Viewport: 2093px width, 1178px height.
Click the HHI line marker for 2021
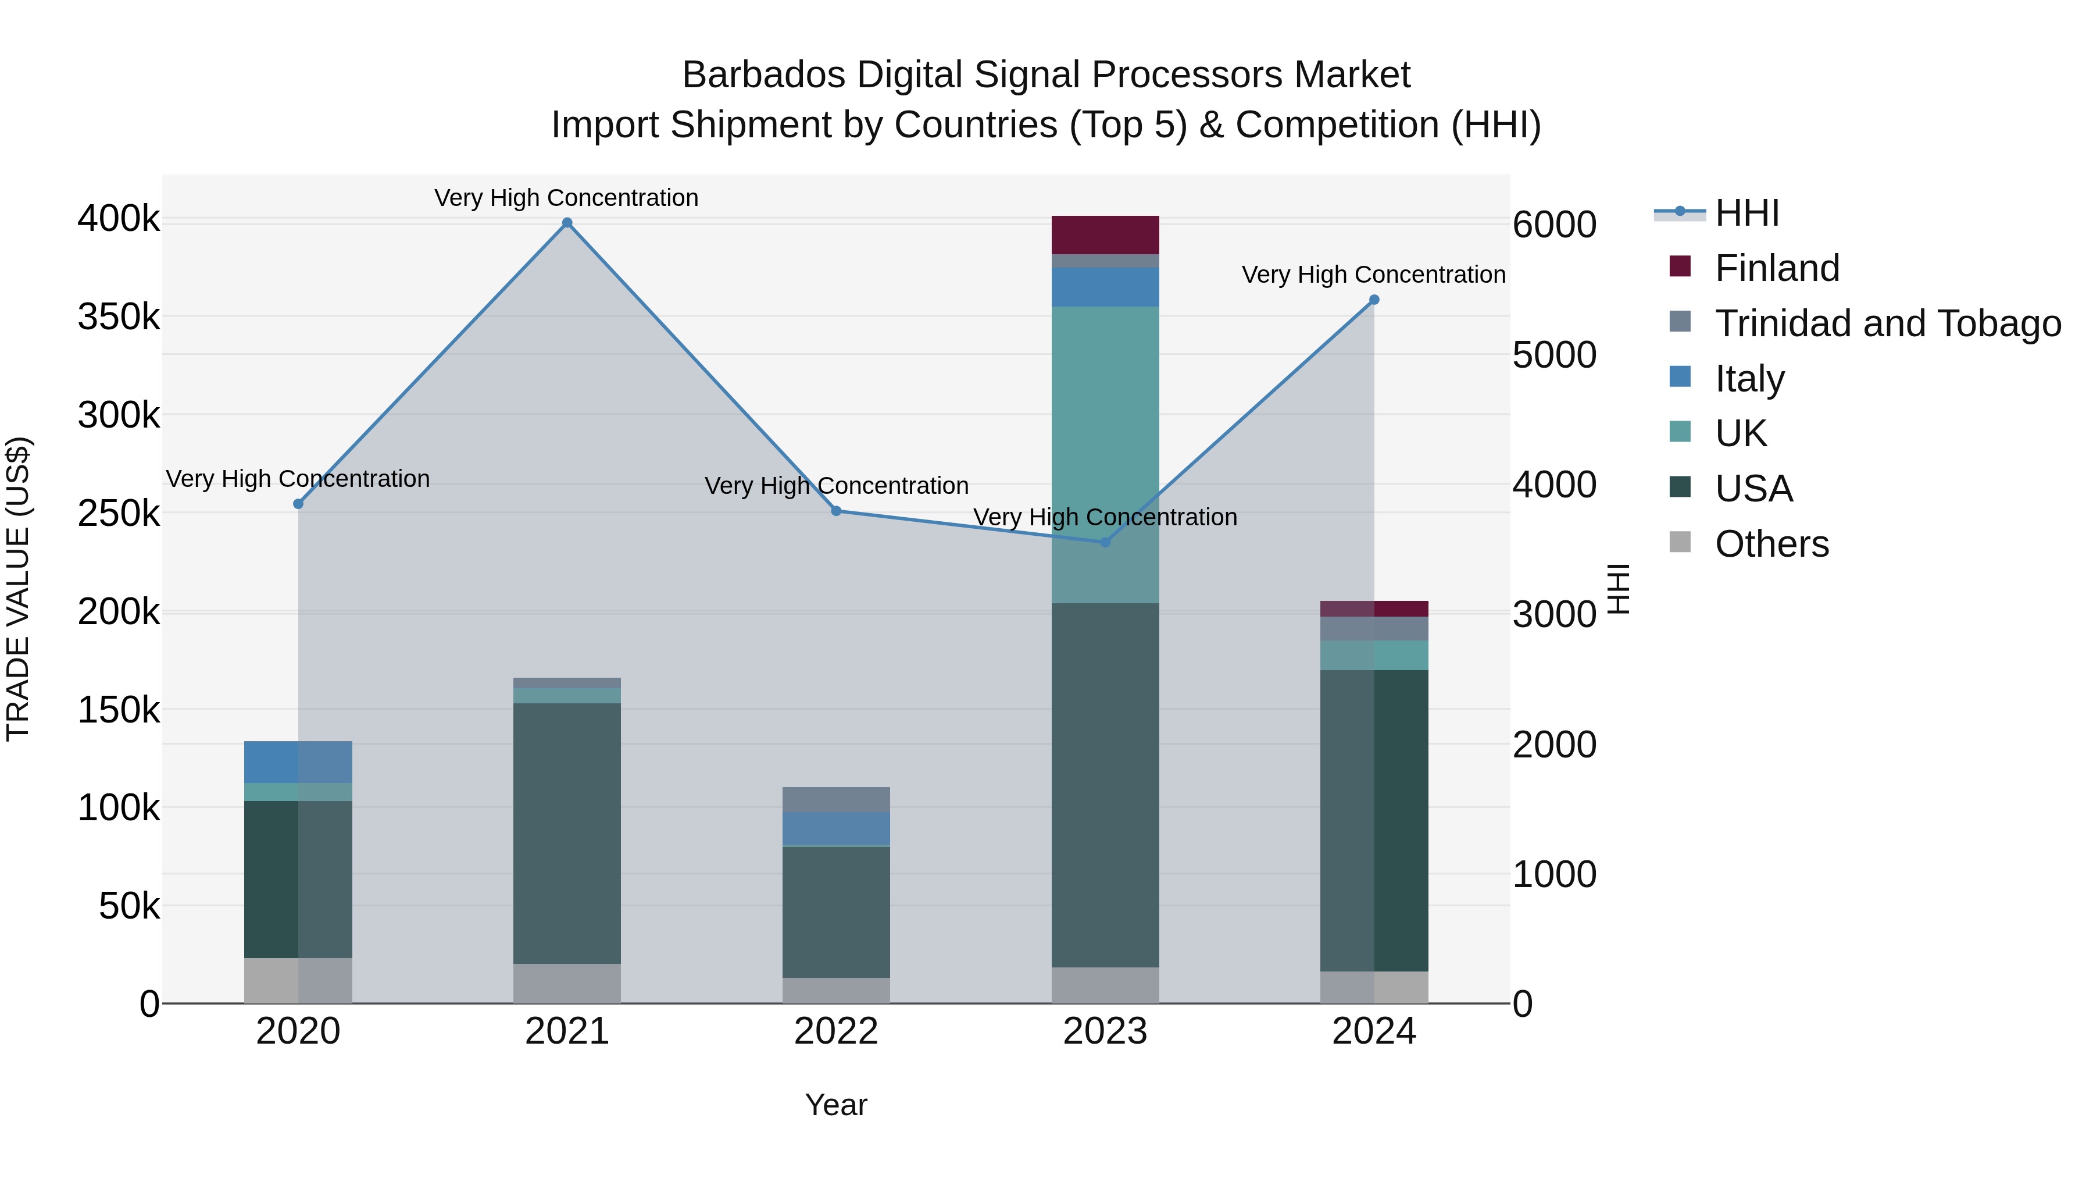(x=567, y=223)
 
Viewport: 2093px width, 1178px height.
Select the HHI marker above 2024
(x=1374, y=300)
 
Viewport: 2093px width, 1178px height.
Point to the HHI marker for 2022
(x=836, y=511)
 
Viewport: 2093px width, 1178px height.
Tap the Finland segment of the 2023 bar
(x=1105, y=235)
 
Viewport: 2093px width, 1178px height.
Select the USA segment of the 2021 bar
(x=567, y=833)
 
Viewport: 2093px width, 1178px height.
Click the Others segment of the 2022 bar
(x=836, y=990)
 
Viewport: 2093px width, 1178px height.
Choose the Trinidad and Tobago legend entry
(x=1887, y=323)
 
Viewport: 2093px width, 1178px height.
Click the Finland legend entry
(x=1776, y=268)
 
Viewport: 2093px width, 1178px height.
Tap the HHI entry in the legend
(x=1747, y=213)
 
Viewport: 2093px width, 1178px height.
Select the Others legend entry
(x=1771, y=544)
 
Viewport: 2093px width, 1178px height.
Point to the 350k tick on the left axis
(x=119, y=317)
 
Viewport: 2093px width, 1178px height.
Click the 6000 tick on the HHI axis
(x=1554, y=225)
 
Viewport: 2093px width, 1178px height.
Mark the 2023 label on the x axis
(x=1105, y=1031)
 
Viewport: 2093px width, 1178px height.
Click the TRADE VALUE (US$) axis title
(x=18, y=589)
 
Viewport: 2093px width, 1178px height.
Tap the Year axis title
(x=836, y=1105)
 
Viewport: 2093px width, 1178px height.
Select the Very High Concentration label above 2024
(x=1373, y=275)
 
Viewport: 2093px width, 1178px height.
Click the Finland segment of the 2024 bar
(x=1374, y=609)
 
